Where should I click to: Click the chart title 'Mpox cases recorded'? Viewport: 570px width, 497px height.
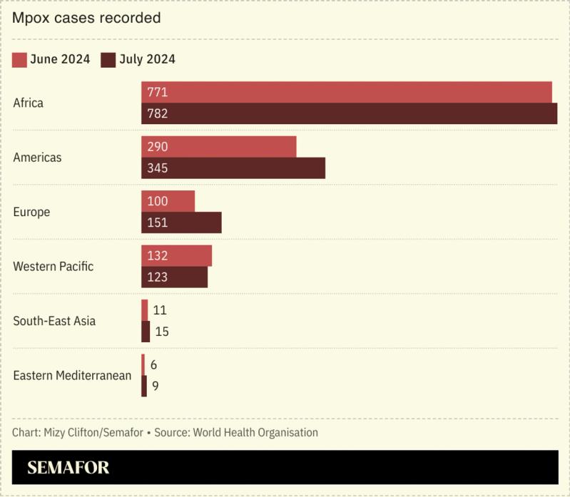(x=86, y=18)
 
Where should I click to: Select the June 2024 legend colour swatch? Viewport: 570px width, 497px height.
(x=19, y=59)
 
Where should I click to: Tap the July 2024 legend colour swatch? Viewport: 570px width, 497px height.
(x=108, y=59)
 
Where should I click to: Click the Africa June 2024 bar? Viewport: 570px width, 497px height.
(x=346, y=92)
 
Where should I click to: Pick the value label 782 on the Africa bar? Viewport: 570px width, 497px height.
(x=157, y=113)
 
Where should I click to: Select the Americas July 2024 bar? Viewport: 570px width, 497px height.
(x=233, y=168)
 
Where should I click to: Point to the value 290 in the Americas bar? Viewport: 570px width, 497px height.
(x=157, y=147)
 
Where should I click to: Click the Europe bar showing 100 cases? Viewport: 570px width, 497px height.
(x=168, y=201)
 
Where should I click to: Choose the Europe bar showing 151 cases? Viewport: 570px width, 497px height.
(x=181, y=222)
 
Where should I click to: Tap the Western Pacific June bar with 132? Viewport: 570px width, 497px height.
(x=176, y=255)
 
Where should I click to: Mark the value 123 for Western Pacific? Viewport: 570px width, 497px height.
(x=157, y=277)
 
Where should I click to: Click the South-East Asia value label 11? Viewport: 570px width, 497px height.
(x=160, y=310)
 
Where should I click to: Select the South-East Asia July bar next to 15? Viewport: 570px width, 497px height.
(x=146, y=332)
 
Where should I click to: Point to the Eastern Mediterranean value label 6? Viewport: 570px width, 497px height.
(x=153, y=364)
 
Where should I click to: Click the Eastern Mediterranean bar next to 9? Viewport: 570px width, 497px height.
(x=144, y=386)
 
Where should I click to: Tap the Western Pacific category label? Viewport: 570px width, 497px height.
(x=54, y=267)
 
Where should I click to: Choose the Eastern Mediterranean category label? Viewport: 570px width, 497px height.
(x=72, y=375)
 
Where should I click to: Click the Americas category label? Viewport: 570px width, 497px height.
(x=37, y=158)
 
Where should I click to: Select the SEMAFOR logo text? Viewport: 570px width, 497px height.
(x=68, y=468)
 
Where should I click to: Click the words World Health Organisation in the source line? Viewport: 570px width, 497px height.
(x=255, y=432)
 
